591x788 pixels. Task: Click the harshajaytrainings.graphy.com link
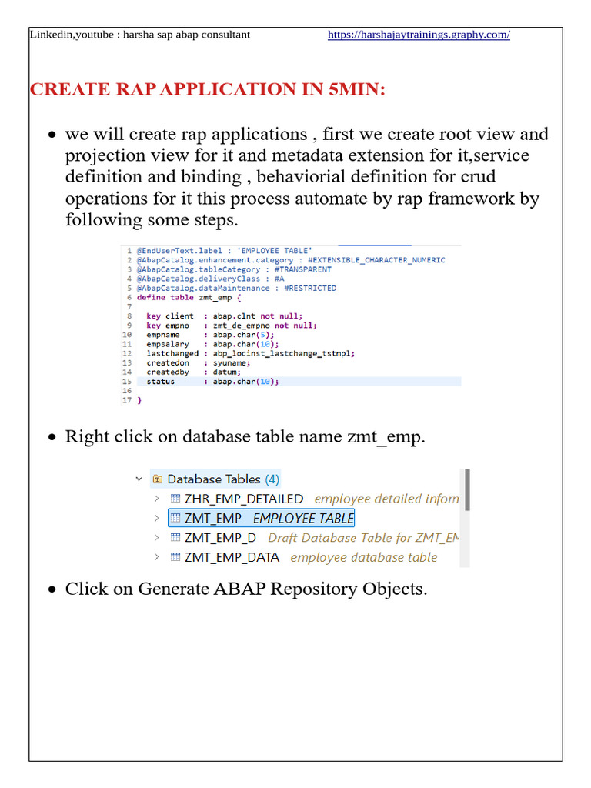419,35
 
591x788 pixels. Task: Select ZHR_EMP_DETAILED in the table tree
244,499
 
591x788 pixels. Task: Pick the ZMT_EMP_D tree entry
221,537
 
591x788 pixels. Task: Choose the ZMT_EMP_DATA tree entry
232,556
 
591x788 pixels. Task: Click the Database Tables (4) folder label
223,479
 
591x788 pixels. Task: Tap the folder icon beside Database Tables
158,479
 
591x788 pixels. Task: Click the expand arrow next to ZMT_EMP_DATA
156,556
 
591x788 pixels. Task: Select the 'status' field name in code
160,381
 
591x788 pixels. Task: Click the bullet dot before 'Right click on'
52,437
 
